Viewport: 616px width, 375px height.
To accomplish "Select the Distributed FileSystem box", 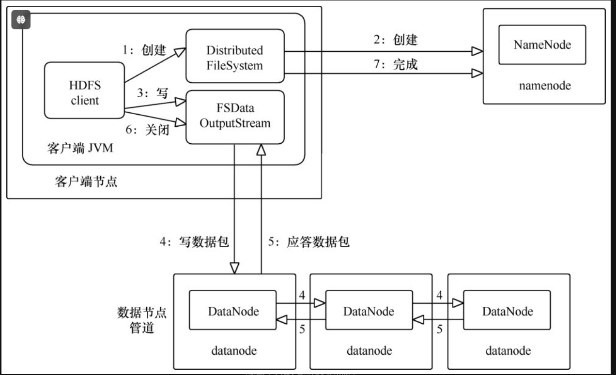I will tap(235, 57).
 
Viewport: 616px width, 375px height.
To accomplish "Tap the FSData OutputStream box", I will tap(235, 116).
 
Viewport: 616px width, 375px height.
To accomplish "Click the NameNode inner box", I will tap(542, 45).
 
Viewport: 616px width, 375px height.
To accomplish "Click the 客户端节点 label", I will tap(86, 183).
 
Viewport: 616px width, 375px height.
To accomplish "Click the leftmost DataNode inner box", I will tap(232, 311).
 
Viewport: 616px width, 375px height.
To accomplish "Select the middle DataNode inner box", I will tap(369, 311).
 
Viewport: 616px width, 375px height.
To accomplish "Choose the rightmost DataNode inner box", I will tap(507, 311).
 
